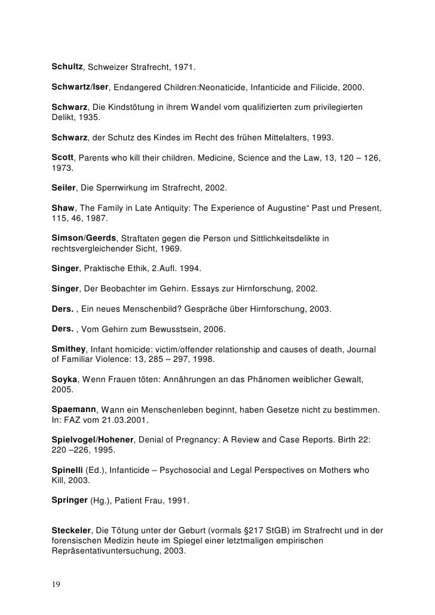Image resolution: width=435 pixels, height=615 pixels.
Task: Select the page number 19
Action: click(x=56, y=583)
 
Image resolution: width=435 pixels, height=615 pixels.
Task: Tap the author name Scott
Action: click(x=62, y=158)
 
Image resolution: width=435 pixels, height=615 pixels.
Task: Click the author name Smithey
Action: click(x=69, y=349)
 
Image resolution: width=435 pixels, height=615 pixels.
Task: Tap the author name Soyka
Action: click(x=65, y=380)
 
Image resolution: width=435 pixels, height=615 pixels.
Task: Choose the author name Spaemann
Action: click(x=73, y=411)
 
